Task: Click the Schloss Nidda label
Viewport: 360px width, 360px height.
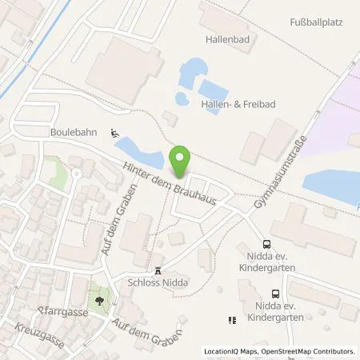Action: [x=158, y=282]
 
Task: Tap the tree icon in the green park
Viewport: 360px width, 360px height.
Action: [x=98, y=301]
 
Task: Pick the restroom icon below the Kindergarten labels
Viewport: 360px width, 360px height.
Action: [x=232, y=320]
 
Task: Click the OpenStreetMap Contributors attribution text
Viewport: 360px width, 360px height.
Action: [x=314, y=351]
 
